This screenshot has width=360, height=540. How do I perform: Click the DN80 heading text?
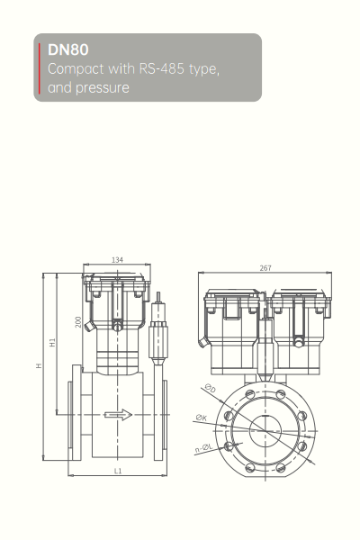pos(68,51)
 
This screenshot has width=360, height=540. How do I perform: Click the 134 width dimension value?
pos(117,260)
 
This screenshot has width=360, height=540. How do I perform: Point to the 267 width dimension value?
pos(265,268)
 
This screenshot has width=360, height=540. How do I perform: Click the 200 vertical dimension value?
pos(79,321)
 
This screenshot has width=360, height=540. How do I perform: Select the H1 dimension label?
pos(53,343)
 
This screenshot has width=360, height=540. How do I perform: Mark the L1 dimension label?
pos(117,471)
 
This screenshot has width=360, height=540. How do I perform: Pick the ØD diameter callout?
pos(210,388)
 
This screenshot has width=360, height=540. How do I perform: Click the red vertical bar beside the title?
pos(40,68)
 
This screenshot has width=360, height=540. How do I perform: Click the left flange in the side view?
pos(72,415)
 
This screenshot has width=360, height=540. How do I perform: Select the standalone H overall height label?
pos(38,366)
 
